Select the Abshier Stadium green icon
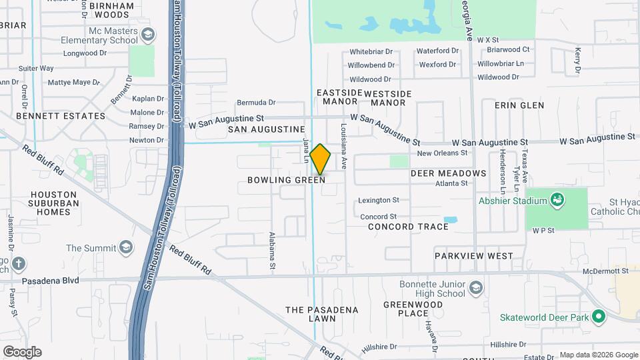557,199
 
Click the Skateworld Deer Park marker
598,317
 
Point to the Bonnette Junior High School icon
475,288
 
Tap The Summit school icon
125,248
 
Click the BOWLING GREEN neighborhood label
286,180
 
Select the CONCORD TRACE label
409,227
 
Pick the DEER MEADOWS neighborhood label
448,173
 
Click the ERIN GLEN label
519,105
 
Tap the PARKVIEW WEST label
474,256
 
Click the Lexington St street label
378,199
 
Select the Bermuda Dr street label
256,103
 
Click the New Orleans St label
442,153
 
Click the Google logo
22,352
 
